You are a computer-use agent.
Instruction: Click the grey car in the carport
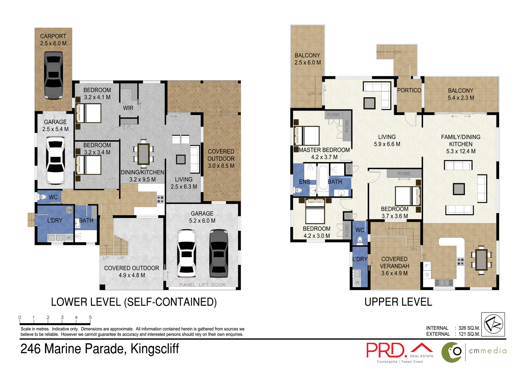pos(53,75)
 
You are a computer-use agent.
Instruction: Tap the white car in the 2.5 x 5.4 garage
pos(56,160)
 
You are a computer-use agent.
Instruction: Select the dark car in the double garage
pos(219,253)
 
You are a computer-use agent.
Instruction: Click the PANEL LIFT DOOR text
pos(202,285)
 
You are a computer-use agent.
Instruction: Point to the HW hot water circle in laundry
pos(69,210)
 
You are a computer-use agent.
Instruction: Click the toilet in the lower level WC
pos(43,197)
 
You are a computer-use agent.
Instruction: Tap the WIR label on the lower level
pos(128,108)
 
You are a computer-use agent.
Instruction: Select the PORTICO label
pos(409,90)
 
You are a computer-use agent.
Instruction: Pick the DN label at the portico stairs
pos(397,52)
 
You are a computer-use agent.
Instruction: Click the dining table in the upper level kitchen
pos(481,260)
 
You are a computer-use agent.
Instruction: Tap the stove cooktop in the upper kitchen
pos(460,261)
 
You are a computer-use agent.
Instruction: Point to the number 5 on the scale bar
pos(90,317)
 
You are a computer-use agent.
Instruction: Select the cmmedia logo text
pos(488,351)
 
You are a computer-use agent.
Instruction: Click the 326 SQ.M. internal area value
pos(469,328)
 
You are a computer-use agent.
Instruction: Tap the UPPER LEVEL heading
pos(398,302)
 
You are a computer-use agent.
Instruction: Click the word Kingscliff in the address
pos(155,349)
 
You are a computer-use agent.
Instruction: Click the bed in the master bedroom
pos(307,135)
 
